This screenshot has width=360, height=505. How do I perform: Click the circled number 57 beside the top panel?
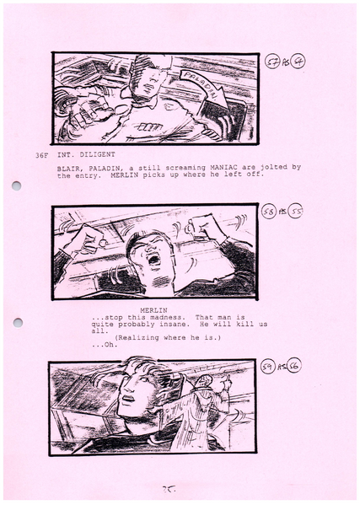(272, 62)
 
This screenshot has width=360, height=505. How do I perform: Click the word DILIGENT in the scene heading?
(96, 155)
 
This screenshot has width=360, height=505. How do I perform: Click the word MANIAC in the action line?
(205, 168)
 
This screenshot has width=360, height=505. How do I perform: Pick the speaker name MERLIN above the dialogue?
(154, 309)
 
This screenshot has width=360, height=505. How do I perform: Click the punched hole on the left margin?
(16, 186)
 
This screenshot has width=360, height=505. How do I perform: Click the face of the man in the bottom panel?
(137, 392)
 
